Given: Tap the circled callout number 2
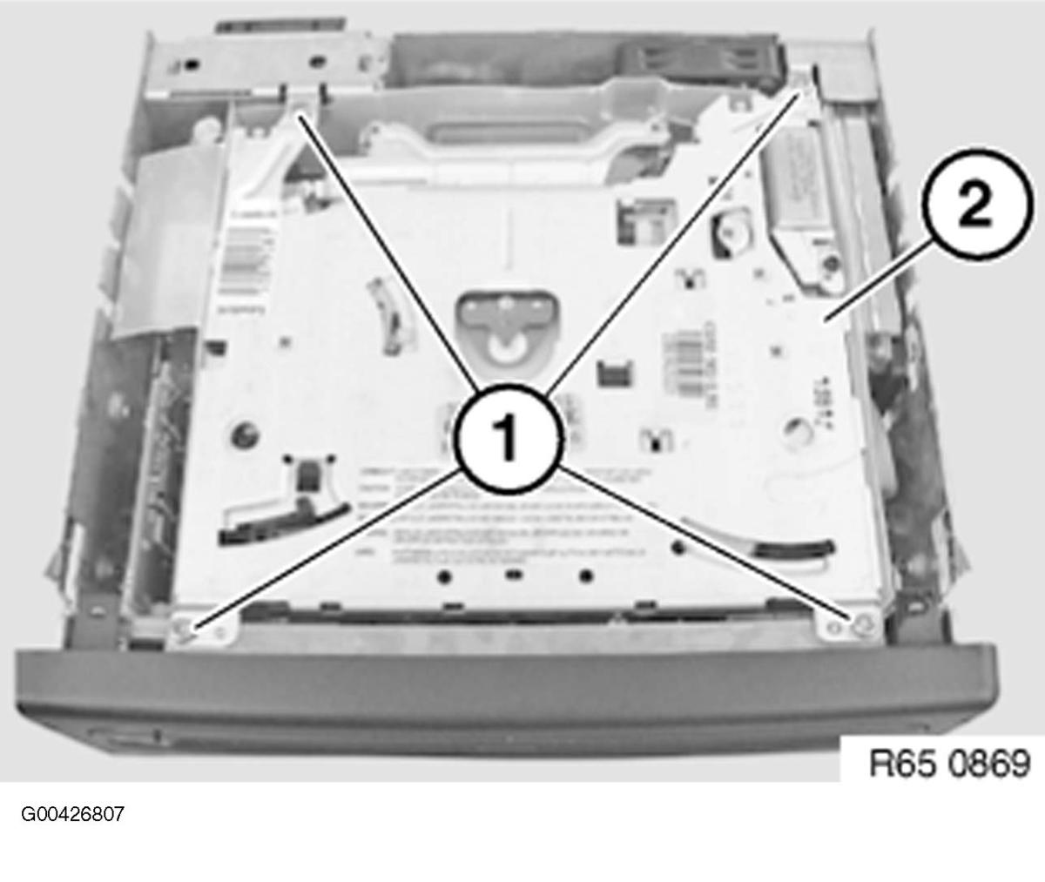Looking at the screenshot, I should coord(973,207).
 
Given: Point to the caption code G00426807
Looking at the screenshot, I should coord(73,815).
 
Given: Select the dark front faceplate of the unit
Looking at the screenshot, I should coord(505,688).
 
